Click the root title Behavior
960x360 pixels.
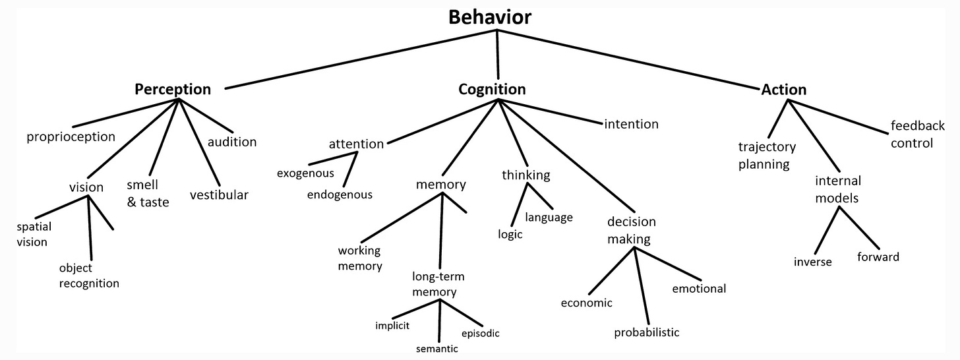pos(489,17)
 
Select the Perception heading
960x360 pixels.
pos(173,89)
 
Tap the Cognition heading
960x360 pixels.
pos(492,89)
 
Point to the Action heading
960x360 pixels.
pos(783,89)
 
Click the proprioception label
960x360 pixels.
pos(71,137)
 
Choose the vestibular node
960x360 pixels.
pos(219,195)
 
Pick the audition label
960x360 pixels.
pos(232,142)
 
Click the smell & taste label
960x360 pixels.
pos(148,193)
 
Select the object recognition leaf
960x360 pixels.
pos(89,276)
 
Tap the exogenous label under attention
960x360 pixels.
pos(305,173)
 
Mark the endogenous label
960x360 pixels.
pos(340,195)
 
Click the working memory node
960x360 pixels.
pos(360,258)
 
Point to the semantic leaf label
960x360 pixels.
pos(436,349)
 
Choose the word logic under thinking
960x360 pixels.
pos(510,234)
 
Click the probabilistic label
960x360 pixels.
pos(646,332)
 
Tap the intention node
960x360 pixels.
pos(631,124)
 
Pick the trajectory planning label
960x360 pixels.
pos(766,156)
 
